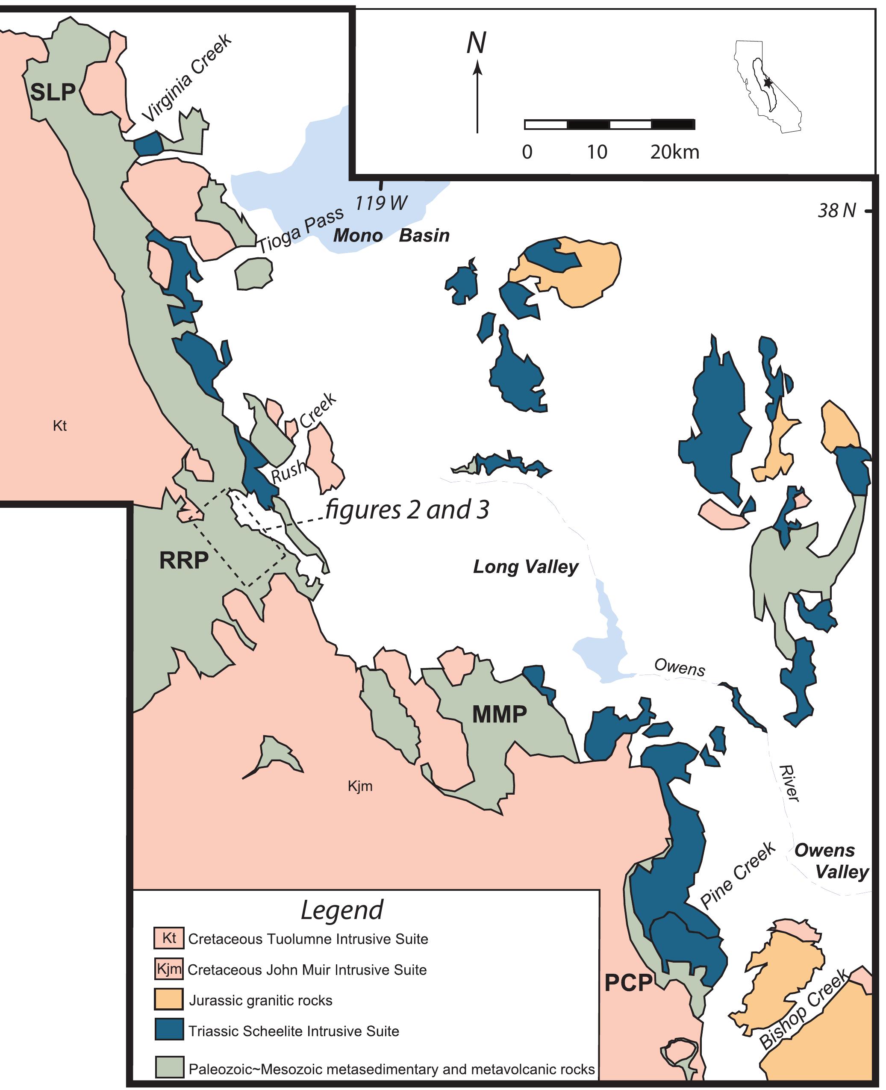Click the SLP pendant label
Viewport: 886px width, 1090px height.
pos(53,92)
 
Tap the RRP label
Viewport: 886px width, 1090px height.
pos(184,560)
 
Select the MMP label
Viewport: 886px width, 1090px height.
pos(499,714)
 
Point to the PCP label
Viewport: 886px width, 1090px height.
pos(628,983)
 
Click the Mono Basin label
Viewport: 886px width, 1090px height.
pos(391,235)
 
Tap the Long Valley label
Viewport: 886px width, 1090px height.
pos(525,566)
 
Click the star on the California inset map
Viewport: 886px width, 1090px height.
pos(767,82)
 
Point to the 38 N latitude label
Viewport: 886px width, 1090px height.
pos(836,211)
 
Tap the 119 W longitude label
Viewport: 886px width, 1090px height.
pos(381,203)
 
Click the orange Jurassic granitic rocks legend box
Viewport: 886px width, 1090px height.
pos(169,1000)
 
